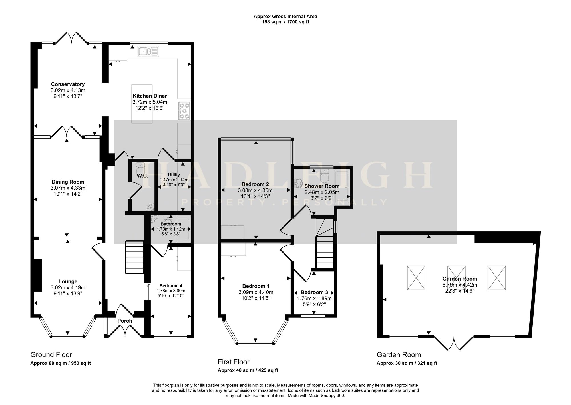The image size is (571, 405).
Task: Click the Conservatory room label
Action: coord(68,84)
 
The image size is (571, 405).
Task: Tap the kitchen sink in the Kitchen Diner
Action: coord(148,51)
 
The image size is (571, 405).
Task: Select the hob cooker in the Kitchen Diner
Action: coord(184,111)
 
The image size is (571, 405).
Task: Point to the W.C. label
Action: coord(142,176)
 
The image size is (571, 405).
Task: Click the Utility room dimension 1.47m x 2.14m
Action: coord(174,180)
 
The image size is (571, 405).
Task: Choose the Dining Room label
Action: coord(68,182)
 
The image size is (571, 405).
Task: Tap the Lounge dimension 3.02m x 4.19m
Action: coord(68,288)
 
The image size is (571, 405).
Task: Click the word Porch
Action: coord(125,321)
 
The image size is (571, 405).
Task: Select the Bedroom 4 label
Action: coord(171,286)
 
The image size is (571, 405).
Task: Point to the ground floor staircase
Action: coord(134,257)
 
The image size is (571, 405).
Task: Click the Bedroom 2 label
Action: coord(255,184)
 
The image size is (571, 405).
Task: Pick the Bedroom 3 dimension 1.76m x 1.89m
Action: coord(314,299)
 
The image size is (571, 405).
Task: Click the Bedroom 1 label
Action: coord(256,286)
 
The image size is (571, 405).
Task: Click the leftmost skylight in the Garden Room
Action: coord(416,278)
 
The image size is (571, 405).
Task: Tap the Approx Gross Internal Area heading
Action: coord(285,16)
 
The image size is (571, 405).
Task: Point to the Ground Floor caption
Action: coord(51,355)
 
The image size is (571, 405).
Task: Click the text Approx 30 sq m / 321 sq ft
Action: coord(407,363)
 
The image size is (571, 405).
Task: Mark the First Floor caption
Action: coord(234,362)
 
